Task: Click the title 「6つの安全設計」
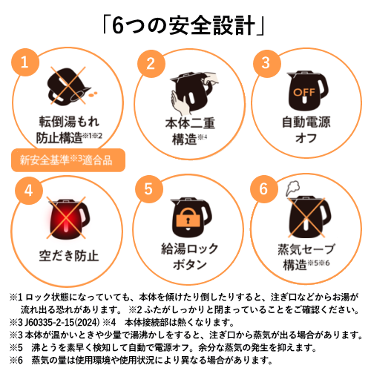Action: pos(183,25)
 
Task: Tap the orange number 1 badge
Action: pos(25,62)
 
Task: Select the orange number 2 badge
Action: pos(151,64)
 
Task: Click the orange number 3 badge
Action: pos(266,64)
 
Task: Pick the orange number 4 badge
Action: pos(29,191)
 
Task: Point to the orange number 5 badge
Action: pos(149,189)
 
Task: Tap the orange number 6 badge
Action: pos(264,189)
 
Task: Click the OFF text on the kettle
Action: pos(304,92)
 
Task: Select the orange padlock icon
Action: pos(188,217)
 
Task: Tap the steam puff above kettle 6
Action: pos(293,188)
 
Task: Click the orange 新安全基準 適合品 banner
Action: pos(68,160)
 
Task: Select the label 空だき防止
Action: pos(69,256)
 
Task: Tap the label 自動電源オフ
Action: pos(306,130)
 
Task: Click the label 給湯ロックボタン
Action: pos(190,257)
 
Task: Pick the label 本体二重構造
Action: pos(190,131)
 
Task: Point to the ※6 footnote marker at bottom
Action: pos(16,360)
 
